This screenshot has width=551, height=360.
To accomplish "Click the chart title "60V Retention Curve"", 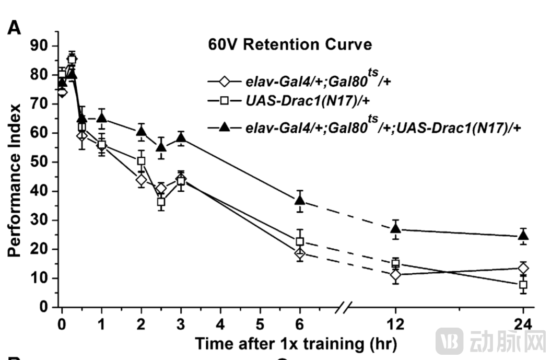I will [x=287, y=45].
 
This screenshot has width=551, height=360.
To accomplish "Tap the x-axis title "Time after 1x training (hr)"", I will [x=296, y=344].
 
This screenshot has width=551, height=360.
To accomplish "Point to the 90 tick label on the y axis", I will [x=39, y=46].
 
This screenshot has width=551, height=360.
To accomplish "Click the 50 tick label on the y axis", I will [x=39, y=162].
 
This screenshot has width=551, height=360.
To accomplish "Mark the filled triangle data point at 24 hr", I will [x=523, y=236].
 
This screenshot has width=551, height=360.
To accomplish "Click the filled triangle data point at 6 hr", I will [x=300, y=200].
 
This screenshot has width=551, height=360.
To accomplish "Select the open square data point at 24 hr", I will [x=523, y=285].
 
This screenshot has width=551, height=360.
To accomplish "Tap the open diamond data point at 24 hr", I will [x=523, y=269].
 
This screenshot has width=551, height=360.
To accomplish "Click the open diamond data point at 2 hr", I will [x=141, y=180].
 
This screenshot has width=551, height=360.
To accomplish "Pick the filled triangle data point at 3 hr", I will [x=181, y=138].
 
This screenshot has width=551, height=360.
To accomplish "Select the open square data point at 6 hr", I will [x=300, y=241].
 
